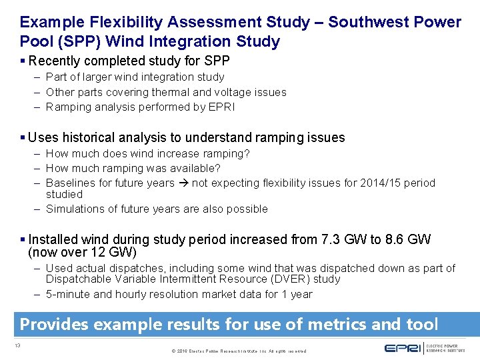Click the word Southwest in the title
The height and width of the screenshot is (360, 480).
click(x=365, y=22)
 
